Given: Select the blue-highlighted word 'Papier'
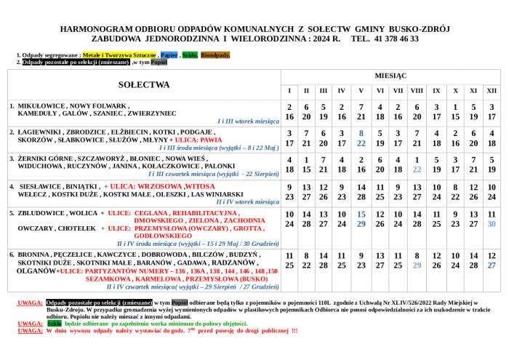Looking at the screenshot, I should pos(169,55).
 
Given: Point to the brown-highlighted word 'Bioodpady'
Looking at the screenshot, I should pos(215,55).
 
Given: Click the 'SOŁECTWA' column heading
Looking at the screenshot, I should pos(144,84).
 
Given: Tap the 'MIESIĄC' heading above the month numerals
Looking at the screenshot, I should pos(390,76).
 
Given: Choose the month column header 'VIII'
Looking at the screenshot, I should pos(417,91).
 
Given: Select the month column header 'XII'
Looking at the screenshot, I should pos(492,91).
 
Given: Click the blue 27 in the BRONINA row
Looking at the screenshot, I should pos(492,265).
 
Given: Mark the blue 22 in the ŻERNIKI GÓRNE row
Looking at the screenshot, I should pos(417,169).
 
